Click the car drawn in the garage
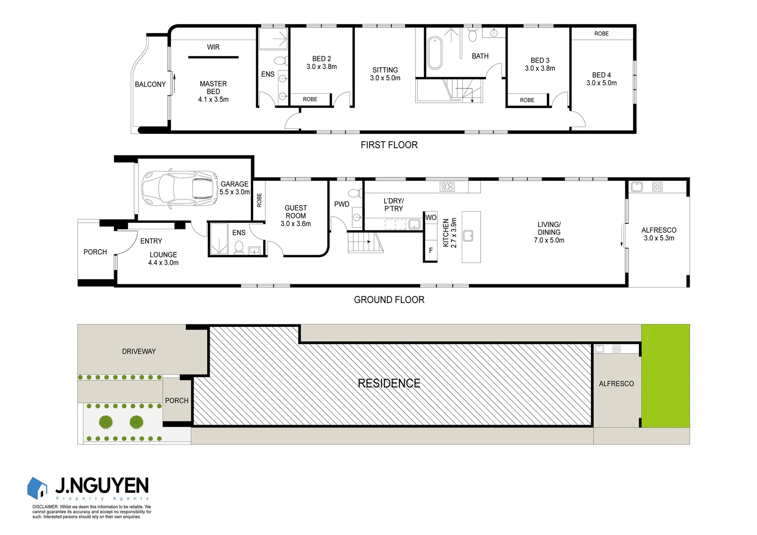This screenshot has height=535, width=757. coord(179,188)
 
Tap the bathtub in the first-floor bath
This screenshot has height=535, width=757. coord(434,53)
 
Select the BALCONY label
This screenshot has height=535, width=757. coord(150,85)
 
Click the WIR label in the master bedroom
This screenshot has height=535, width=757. coord(213,47)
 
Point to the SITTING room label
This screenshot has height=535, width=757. coord(385,70)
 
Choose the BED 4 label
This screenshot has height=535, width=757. coord(601,75)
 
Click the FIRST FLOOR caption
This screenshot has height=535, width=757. coord(389,145)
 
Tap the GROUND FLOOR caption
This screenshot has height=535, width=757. coord(389,300)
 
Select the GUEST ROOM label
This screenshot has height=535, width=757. coord(296,212)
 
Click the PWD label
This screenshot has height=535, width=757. coord(342,204)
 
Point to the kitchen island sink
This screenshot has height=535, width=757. coord(468,236)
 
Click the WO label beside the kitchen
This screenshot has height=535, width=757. coord(431,217)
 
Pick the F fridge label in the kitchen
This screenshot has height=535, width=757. coord(431,251)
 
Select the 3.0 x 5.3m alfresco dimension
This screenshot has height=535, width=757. coord(659,238)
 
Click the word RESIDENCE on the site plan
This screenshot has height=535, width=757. coord(389,383)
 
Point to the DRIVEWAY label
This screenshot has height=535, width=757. coord(139,352)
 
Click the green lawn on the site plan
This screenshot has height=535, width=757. coord(665,375)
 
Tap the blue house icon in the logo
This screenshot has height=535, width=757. coord(37,488)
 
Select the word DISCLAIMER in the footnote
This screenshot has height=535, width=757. coord(45,507)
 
